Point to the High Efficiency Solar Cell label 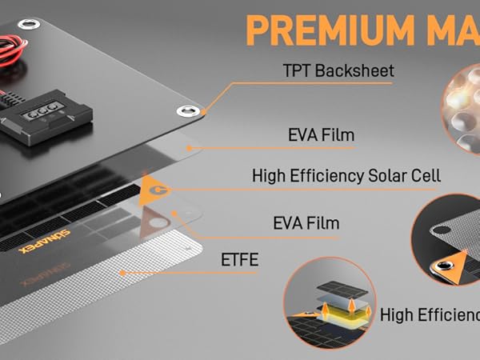point(346,175)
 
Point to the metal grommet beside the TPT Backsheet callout point(190,111)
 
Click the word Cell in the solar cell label point(424,175)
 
